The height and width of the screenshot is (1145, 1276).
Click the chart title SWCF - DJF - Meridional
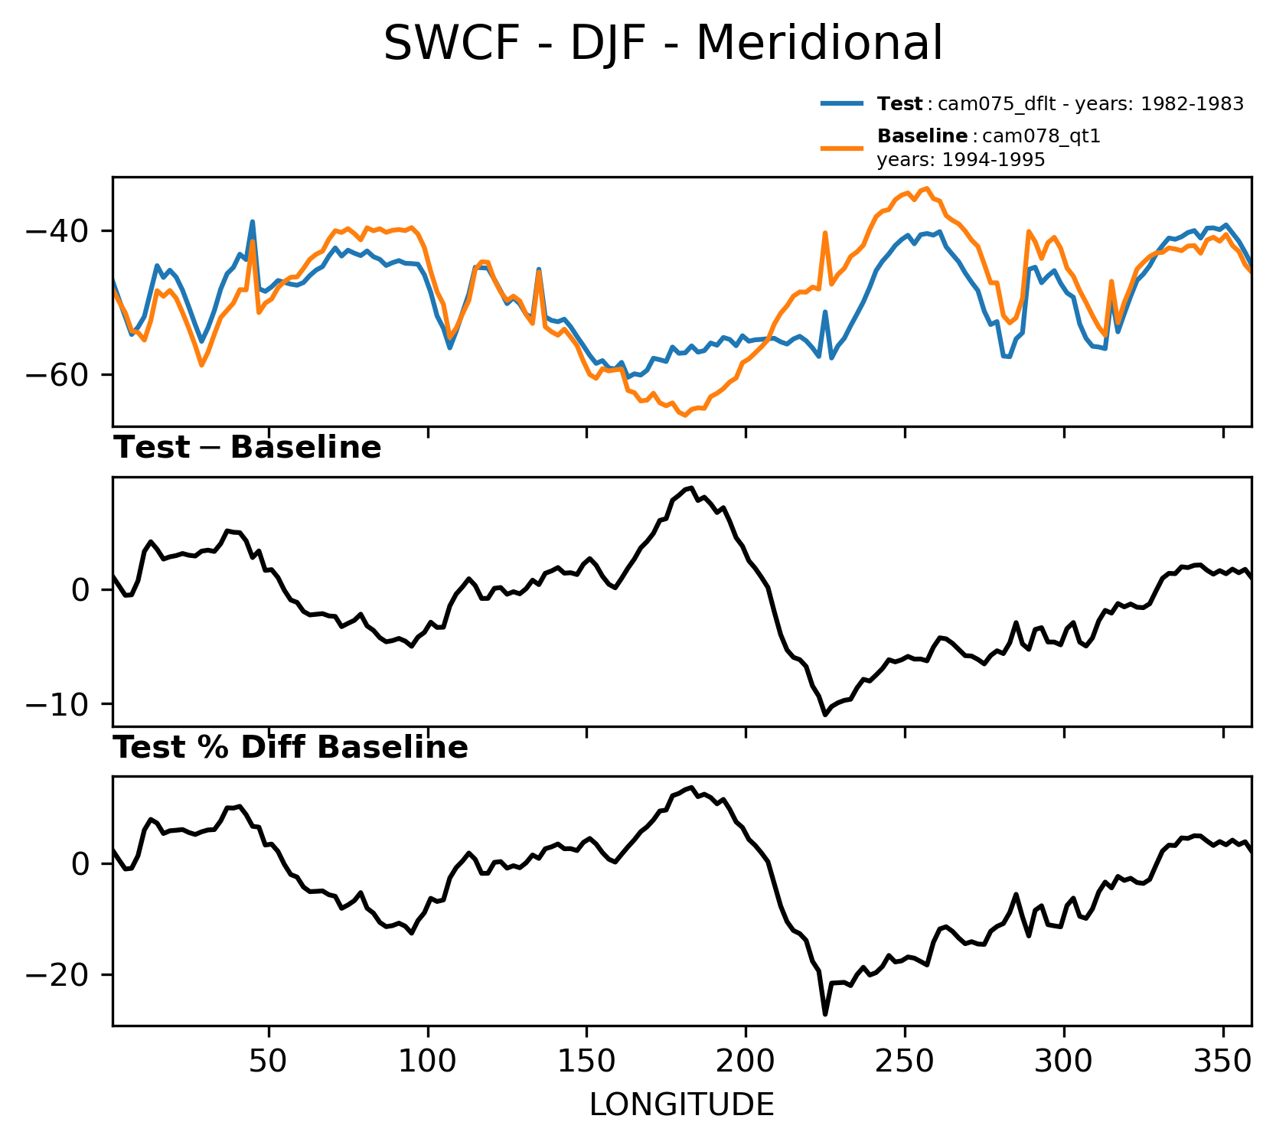[x=663, y=44]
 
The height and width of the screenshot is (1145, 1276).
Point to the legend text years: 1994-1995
[x=961, y=160]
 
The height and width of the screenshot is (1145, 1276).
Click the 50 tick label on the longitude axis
[x=269, y=1062]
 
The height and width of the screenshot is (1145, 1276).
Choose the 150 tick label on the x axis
[x=586, y=1062]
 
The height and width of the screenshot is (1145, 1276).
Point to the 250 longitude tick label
[x=905, y=1062]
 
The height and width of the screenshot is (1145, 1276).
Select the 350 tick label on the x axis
[x=1222, y=1062]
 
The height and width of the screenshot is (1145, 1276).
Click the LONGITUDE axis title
[x=681, y=1105]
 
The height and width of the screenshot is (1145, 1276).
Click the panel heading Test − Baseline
[x=247, y=449]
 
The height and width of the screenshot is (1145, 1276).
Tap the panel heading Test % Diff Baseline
[x=291, y=749]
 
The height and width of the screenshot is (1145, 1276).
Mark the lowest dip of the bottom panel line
[x=825, y=1015]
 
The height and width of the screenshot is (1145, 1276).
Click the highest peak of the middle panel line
[x=690, y=488]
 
